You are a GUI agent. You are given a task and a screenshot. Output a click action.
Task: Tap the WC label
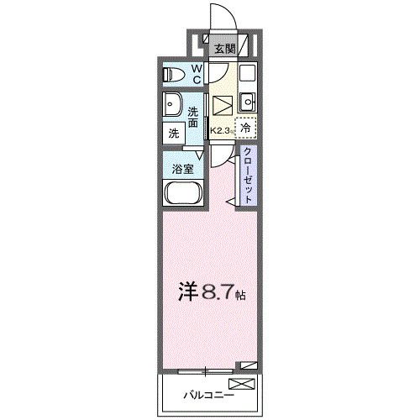click(x=195, y=74)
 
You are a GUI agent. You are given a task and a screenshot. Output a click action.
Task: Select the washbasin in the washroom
click(x=175, y=106)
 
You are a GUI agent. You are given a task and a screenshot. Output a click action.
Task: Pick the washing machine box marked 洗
click(x=173, y=133)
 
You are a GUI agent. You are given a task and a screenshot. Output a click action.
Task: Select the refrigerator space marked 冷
click(x=246, y=129)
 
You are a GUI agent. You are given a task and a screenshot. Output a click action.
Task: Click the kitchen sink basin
click(x=248, y=103)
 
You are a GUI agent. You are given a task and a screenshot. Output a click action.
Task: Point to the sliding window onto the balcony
click(x=203, y=370)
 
